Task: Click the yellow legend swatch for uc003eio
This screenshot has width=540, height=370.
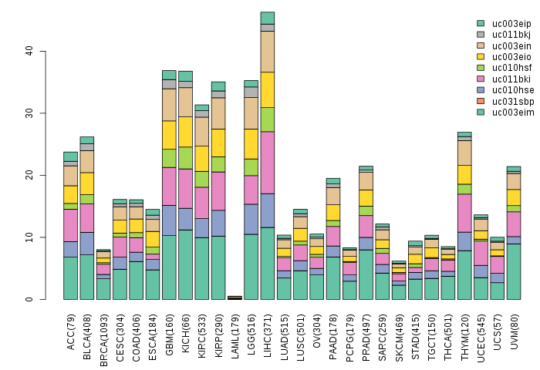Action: [x=481, y=56]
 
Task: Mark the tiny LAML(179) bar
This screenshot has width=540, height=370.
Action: [x=235, y=298]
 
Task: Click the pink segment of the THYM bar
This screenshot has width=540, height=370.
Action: [x=464, y=213]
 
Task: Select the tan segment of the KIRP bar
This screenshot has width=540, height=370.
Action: [x=218, y=113]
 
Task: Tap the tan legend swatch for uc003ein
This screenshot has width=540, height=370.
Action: [x=481, y=45]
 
